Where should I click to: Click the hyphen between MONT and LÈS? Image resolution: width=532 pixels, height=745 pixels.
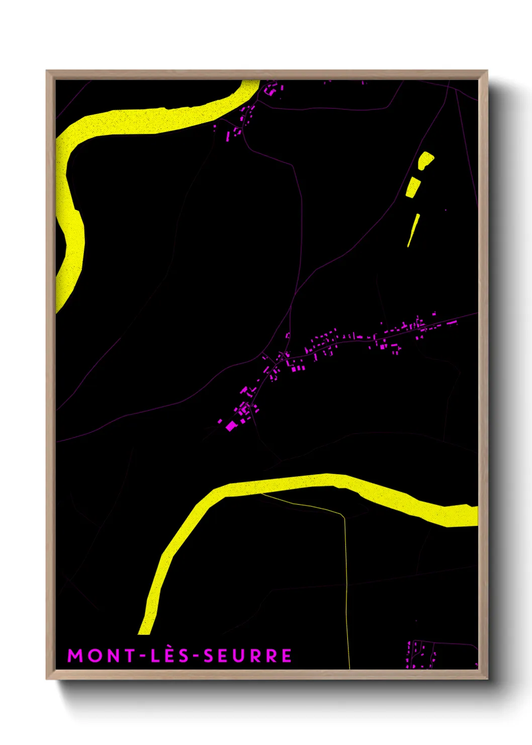[143, 656]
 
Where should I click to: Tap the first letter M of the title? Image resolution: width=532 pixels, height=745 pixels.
[75, 655]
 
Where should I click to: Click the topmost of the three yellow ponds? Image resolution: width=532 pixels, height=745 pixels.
[425, 160]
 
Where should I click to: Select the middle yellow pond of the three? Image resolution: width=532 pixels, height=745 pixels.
[413, 188]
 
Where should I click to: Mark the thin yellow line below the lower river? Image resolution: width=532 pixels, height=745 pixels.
[346, 579]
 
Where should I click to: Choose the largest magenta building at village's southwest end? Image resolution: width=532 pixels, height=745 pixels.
[231, 426]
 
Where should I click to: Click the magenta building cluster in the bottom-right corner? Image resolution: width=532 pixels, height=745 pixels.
[421, 654]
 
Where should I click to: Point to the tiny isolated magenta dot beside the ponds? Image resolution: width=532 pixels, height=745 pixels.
[446, 210]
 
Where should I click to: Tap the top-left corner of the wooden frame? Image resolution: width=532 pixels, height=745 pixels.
[47, 71]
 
